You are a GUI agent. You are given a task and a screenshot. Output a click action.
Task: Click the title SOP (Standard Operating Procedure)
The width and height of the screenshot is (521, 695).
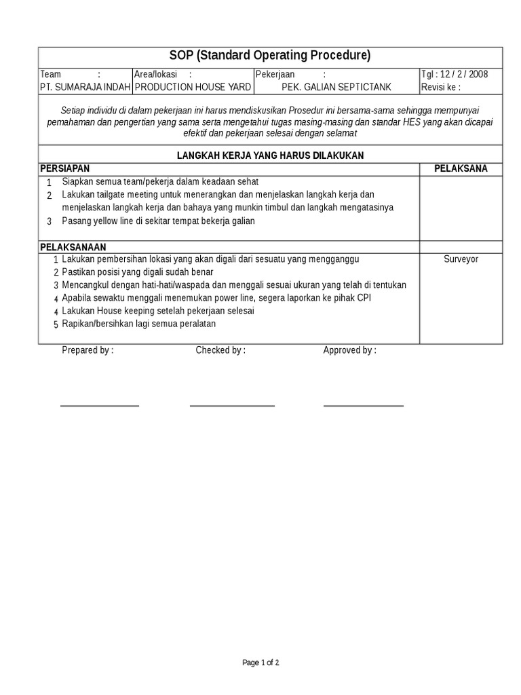pyautogui.click(x=270, y=56)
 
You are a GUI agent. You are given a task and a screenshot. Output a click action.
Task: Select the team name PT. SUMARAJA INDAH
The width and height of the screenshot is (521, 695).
pyautogui.click(x=85, y=87)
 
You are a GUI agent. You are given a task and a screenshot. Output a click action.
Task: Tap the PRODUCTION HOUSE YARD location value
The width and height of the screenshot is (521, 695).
pyautogui.click(x=193, y=87)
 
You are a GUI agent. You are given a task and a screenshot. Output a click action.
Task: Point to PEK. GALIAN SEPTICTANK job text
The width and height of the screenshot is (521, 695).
pyautogui.click(x=336, y=87)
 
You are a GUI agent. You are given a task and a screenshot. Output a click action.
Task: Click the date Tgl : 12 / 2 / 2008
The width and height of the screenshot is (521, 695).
pyautogui.click(x=454, y=74)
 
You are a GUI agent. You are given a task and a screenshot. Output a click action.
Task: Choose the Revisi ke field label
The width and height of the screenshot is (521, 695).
pyautogui.click(x=441, y=87)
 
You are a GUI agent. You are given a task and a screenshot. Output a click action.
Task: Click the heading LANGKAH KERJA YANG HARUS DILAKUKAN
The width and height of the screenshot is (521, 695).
pyautogui.click(x=270, y=155)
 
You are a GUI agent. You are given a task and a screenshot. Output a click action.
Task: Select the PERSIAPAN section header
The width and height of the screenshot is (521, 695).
pyautogui.click(x=65, y=168)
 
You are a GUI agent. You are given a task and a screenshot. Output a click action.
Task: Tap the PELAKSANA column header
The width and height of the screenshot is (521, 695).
pyautogui.click(x=461, y=168)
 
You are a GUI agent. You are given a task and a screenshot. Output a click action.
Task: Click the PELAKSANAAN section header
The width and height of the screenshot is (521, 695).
pyautogui.click(x=73, y=247)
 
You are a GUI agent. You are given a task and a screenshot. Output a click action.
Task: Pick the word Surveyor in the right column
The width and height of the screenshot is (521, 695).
pyautogui.click(x=461, y=259)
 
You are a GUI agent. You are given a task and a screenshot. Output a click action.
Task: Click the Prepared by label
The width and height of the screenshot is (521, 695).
pyautogui.click(x=88, y=350)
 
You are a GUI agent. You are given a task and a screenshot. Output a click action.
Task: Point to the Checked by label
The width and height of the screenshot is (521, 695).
pyautogui.click(x=220, y=350)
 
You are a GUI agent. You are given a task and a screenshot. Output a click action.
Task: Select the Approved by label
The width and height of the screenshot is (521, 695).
pyautogui.click(x=349, y=350)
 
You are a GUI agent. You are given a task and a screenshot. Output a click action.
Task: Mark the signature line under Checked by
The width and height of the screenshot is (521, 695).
pyautogui.click(x=232, y=406)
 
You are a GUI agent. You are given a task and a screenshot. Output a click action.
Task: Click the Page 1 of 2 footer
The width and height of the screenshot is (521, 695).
pyautogui.click(x=260, y=662)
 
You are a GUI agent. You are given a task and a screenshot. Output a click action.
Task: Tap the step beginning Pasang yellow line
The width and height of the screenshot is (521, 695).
pyautogui.click(x=158, y=221)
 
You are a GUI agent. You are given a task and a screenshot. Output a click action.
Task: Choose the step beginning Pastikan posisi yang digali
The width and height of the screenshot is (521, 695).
pyautogui.click(x=137, y=272)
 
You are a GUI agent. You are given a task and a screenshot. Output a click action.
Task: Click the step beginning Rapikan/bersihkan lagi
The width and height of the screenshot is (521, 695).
pyautogui.click(x=138, y=324)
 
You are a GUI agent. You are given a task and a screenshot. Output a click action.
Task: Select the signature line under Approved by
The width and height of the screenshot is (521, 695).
pyautogui.click(x=363, y=406)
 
